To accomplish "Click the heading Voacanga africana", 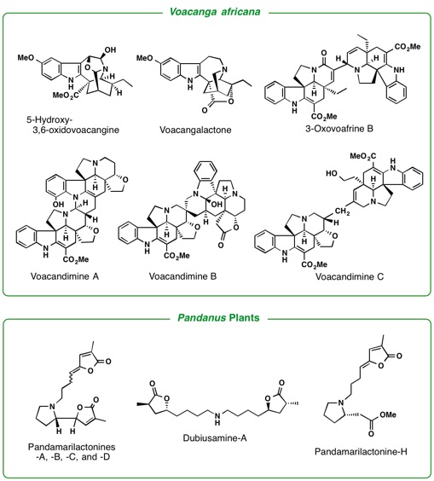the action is (215, 12).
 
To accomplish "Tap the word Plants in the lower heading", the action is (244, 317).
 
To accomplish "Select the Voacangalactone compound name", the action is (195, 130).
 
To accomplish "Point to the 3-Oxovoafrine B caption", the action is (339, 128).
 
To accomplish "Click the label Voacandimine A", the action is (65, 276).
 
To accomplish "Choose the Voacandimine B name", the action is (182, 276).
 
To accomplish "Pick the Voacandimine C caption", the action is (350, 276).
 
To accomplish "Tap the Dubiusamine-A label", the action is (215, 438).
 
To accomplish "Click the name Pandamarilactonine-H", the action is (361, 451).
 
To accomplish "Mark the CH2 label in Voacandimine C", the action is (343, 212).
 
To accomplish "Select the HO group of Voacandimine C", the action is (331, 174).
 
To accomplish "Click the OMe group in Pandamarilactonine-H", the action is (388, 414).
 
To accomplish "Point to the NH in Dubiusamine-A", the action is (217, 419).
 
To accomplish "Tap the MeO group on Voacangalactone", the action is (144, 58).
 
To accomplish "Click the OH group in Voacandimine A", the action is (58, 204).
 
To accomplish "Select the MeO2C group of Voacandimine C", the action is (363, 156).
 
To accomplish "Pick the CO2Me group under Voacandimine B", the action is (176, 255).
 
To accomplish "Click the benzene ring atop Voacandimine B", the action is (205, 171).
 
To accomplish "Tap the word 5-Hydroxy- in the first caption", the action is (47, 119).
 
